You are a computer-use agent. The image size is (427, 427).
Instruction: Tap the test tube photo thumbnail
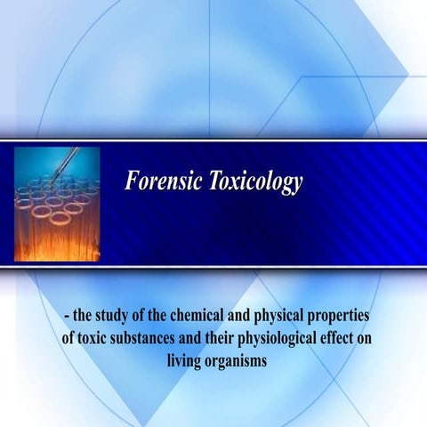click(57, 204)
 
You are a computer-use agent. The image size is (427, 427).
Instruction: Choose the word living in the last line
click(184, 359)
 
